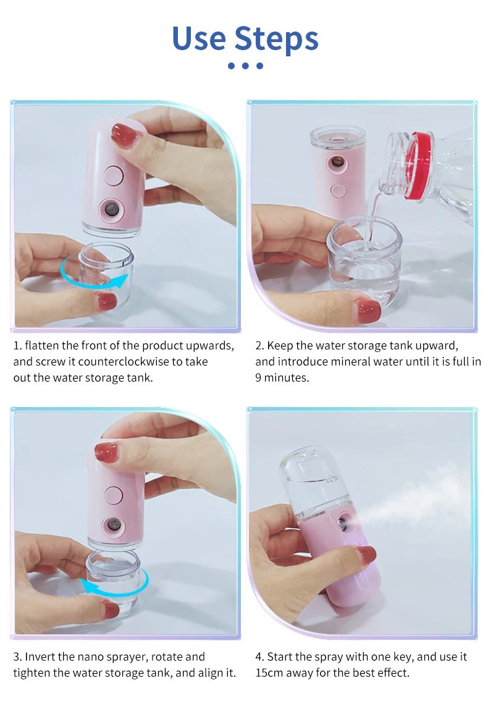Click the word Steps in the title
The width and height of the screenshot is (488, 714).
coord(277,38)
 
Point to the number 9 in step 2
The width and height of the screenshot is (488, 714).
coord(259,377)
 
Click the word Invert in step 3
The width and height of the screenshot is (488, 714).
coord(43,656)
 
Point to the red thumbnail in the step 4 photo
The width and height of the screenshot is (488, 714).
coord(366,555)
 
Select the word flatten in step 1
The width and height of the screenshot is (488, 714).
coord(41,345)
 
